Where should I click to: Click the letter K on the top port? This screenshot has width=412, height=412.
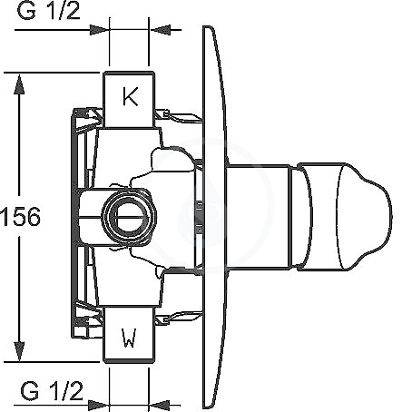(131, 96)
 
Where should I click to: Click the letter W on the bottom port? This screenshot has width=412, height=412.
(130, 338)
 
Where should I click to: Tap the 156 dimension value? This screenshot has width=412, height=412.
(20, 217)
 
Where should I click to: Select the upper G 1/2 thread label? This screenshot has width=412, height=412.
(49, 11)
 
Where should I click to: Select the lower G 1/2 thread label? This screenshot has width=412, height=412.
(52, 391)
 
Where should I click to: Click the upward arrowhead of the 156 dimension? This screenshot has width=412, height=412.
(19, 84)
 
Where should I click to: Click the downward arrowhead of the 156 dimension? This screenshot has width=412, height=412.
(19, 351)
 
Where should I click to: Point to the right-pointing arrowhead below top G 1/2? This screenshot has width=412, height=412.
(100, 30)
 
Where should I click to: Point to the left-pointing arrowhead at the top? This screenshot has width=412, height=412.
(160, 30)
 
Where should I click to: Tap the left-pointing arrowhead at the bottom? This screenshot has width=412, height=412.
(160, 405)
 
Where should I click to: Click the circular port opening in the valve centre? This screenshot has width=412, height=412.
(129, 217)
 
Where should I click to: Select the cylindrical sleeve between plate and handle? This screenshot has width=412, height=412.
(258, 217)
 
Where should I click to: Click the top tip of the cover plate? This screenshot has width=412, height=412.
(208, 26)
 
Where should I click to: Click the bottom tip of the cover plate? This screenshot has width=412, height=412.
(208, 407)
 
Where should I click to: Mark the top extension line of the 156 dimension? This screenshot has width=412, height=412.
(52, 73)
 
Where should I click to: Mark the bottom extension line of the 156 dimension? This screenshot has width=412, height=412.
(52, 361)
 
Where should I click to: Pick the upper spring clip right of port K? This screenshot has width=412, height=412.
(179, 117)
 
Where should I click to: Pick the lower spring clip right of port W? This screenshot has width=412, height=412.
(179, 318)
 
